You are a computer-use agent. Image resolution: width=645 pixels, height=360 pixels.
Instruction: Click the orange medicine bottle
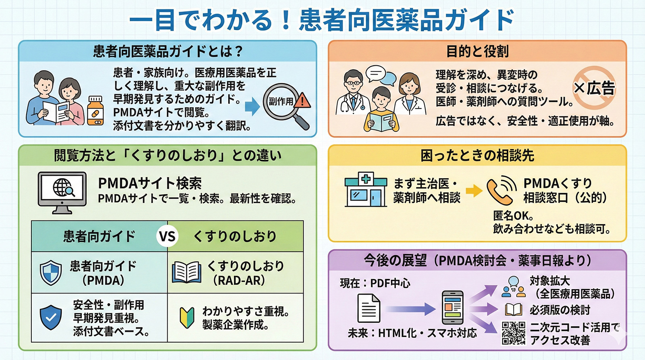coord(95,111)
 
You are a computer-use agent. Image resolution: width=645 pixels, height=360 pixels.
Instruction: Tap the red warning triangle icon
coord(302,100)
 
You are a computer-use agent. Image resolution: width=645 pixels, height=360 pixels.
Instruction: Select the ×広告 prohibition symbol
coord(593,88)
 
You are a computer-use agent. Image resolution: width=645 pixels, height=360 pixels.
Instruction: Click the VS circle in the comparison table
coord(167,237)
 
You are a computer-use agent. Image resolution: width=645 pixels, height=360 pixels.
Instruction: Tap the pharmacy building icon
coord(366,189)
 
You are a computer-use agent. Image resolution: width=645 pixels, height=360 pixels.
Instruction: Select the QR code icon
coord(514,333)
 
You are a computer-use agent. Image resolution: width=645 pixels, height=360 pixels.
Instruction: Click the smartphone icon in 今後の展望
coord(452,308)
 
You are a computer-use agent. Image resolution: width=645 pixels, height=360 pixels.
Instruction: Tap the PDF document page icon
coord(368,308)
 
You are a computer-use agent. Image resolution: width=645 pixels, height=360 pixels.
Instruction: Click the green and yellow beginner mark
coord(187,318)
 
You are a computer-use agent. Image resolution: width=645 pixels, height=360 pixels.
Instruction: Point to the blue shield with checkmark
coord(51,317)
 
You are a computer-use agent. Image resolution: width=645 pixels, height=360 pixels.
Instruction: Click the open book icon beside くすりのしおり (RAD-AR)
coord(186,273)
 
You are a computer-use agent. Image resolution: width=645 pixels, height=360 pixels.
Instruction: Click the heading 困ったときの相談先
coord(477,156)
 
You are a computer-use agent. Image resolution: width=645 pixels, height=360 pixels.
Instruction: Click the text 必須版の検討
coord(560,310)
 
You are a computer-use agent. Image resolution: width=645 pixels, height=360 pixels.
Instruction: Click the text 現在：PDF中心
coord(375,283)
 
